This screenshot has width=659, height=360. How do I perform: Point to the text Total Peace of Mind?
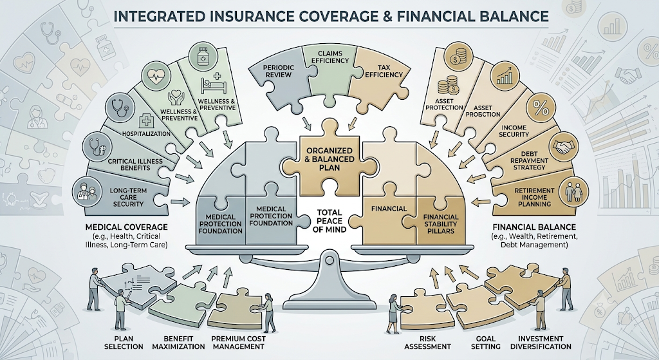coord(329,221)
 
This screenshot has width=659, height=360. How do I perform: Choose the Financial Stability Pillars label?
coord(441,223)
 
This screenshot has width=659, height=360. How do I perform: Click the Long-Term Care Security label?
coord(128,197)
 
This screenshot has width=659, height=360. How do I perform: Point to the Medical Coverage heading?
coord(126,227)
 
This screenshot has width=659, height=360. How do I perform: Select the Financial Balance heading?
coord(534,227)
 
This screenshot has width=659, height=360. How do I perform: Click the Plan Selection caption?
coord(123,343)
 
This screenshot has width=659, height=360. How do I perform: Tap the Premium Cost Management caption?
coord(238,343)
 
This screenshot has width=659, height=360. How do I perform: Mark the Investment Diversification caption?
coord(541,343)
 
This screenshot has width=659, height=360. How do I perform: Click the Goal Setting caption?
coord(485,343)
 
